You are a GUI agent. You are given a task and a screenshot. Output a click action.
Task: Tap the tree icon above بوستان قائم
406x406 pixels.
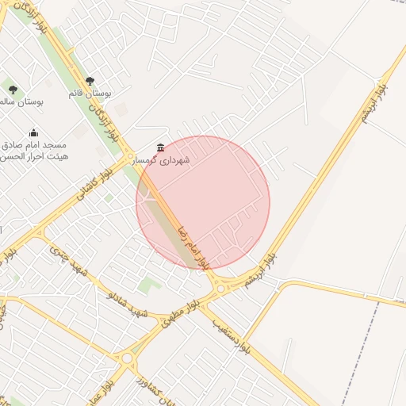click(x=89, y=81)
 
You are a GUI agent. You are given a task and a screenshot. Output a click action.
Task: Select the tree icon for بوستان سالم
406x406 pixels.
click(x=13, y=90)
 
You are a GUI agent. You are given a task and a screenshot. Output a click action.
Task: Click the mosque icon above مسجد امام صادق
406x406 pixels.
click(x=33, y=132)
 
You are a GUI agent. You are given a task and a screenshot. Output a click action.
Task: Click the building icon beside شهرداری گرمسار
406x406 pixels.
click(x=161, y=147)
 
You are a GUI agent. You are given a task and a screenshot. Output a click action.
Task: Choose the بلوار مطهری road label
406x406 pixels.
click(x=179, y=315)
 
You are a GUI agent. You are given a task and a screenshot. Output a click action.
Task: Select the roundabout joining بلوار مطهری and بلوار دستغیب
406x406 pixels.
click(x=221, y=289)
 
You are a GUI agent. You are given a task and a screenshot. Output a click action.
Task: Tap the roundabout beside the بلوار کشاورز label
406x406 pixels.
click(x=127, y=358)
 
